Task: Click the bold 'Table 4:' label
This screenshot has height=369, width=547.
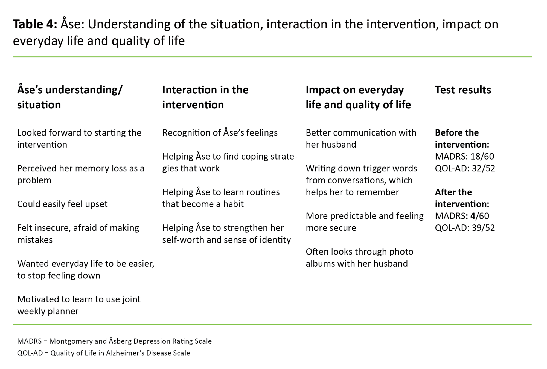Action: coord(35,24)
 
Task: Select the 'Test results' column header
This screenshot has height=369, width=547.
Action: coord(463,90)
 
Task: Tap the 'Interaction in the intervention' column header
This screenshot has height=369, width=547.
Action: coord(205,97)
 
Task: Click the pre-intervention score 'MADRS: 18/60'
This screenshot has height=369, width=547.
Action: coord(464,156)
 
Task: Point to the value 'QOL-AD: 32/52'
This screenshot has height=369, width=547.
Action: coord(465,168)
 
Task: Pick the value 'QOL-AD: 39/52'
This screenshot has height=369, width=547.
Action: coord(465,228)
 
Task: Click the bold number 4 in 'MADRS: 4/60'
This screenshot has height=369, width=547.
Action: coord(473,216)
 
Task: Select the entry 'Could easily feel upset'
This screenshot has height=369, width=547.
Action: coord(62,204)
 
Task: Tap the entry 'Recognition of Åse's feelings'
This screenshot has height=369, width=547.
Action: coord(220,132)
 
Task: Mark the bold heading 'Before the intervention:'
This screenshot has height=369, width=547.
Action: coord(462,139)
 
